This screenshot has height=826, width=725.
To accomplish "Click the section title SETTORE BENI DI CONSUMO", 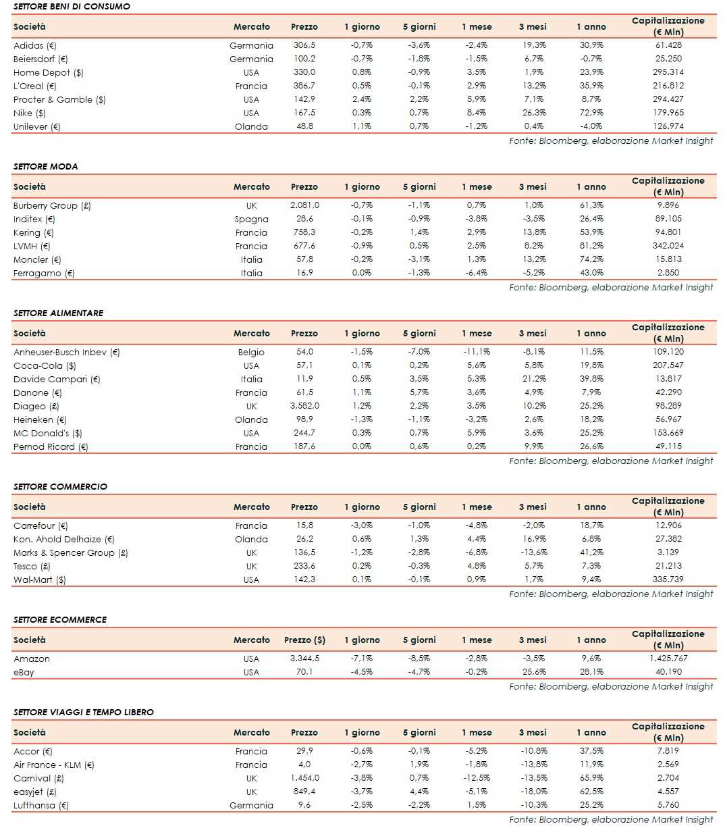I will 72,7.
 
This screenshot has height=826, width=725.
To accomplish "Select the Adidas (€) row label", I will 35,45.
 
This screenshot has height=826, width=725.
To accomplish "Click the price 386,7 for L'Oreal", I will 304,86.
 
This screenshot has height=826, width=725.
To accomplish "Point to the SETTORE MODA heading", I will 45,167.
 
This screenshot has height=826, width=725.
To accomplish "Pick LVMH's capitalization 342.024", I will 668,246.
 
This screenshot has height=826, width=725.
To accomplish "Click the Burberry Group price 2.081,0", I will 304,205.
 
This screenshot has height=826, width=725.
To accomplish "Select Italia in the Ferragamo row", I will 251,273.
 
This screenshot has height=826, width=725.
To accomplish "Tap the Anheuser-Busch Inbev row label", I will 66,352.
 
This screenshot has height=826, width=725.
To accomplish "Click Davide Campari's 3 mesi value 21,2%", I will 533,379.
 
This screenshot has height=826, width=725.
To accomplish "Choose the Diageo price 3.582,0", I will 304,406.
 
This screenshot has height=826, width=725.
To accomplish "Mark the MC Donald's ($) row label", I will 47,433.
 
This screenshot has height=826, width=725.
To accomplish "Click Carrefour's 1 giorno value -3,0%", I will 362,525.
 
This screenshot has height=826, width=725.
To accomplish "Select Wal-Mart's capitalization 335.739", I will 668,579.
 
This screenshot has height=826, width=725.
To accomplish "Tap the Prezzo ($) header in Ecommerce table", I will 304,640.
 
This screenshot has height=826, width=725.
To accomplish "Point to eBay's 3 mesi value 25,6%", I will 533,672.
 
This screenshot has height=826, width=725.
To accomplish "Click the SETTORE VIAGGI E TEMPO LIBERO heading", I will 83,713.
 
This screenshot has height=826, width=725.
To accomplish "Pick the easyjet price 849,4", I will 304,792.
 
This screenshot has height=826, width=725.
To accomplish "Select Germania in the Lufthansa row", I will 251,805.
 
